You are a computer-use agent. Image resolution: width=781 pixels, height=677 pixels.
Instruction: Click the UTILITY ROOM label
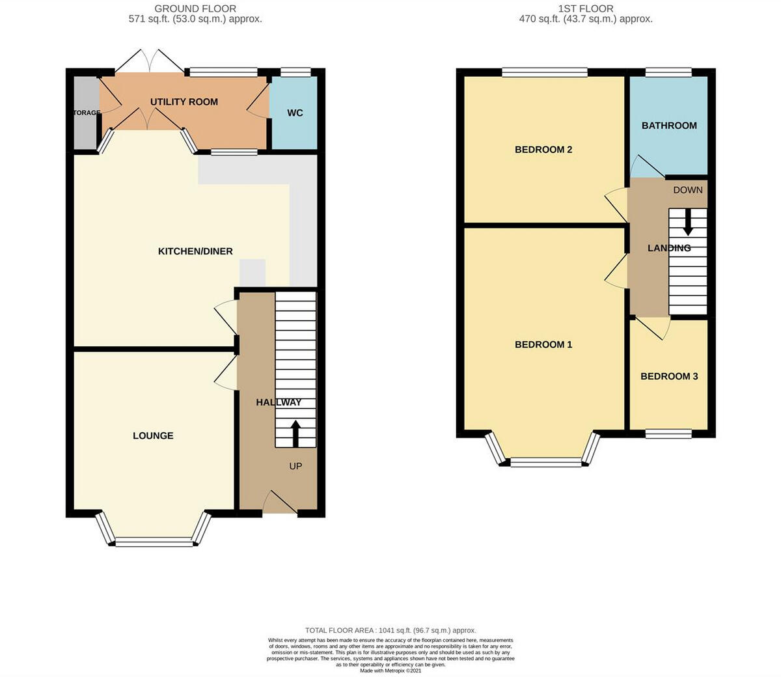pyautogui.click(x=184, y=102)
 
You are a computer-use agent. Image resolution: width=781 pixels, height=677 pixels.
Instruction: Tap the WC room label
pyautogui.click(x=295, y=113)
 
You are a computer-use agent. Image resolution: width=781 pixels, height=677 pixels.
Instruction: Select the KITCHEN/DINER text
pyautogui.click(x=195, y=251)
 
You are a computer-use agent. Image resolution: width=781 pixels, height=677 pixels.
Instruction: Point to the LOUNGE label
pyautogui.click(x=153, y=435)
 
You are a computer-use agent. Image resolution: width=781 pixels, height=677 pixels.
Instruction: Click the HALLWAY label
pyautogui.click(x=279, y=402)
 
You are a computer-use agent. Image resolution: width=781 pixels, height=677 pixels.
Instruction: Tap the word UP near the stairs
pyautogui.click(x=295, y=466)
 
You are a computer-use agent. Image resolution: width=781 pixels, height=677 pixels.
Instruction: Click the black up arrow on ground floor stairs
pyautogui.click(x=295, y=434)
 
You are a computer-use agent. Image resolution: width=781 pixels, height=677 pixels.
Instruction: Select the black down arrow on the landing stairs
pyautogui.click(x=688, y=222)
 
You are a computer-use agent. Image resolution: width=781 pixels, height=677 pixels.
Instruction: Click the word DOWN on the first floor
pyautogui.click(x=688, y=190)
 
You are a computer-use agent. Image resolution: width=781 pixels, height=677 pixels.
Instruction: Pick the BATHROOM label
pyautogui.click(x=669, y=126)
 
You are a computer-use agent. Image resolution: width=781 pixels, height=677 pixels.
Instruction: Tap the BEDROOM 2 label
pyautogui.click(x=543, y=150)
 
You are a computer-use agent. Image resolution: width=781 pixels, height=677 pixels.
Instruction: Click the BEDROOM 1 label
pyautogui.click(x=543, y=344)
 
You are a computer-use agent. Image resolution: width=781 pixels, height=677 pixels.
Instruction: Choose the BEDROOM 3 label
pyautogui.click(x=669, y=376)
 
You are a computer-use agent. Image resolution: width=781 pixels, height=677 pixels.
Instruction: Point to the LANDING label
pyautogui.click(x=669, y=248)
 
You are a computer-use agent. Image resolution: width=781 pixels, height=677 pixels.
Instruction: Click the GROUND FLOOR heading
pyautogui.click(x=195, y=8)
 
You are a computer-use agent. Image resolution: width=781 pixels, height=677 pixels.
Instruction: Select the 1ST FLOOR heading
pyautogui.click(x=586, y=8)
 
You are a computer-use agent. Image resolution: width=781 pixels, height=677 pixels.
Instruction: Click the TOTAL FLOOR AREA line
pyautogui.click(x=390, y=630)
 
